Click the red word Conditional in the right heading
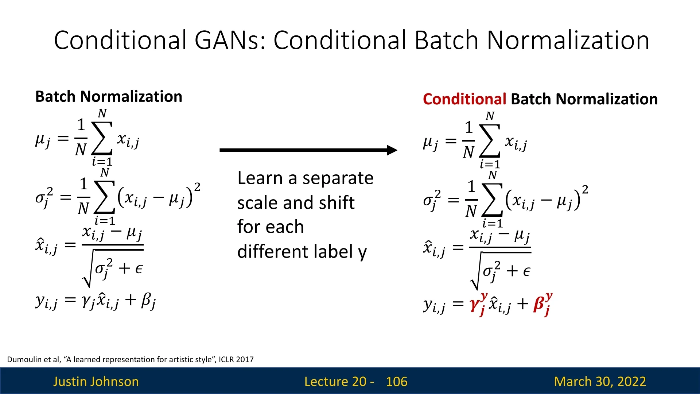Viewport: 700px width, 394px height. coord(464,99)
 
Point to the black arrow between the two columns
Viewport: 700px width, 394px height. coord(308,150)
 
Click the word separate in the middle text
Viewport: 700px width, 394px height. coord(338,178)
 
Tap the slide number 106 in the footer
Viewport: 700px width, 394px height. coord(397,382)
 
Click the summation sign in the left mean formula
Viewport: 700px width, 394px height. coord(102,138)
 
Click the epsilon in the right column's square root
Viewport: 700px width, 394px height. coord(526,272)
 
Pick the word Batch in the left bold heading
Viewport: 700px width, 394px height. coord(56,97)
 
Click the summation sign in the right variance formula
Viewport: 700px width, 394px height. coord(492,200)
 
